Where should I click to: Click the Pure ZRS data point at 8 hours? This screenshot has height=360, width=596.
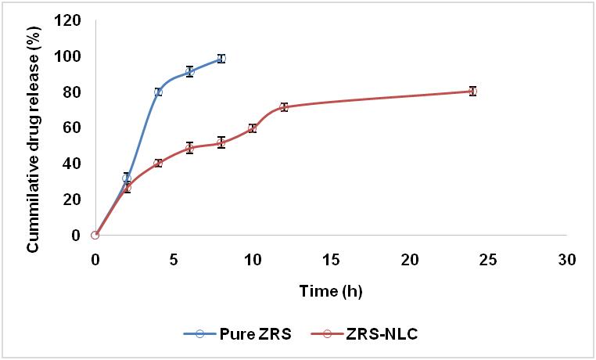point(221,58)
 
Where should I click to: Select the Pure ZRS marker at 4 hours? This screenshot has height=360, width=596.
point(158,92)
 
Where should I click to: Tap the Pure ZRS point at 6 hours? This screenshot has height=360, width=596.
point(189,71)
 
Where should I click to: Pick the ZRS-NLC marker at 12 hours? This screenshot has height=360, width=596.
point(284,106)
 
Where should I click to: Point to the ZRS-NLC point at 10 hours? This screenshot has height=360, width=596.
point(253,128)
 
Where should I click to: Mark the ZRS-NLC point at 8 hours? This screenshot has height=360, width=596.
point(221,142)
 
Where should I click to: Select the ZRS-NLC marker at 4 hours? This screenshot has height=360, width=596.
point(158,163)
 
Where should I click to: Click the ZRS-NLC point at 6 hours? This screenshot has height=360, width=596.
point(189,148)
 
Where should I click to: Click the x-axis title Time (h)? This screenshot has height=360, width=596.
point(330,291)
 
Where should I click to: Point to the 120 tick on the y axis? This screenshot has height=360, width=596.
point(70,20)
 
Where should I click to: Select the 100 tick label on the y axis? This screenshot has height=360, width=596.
point(70,56)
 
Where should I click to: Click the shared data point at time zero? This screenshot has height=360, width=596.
point(95,235)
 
